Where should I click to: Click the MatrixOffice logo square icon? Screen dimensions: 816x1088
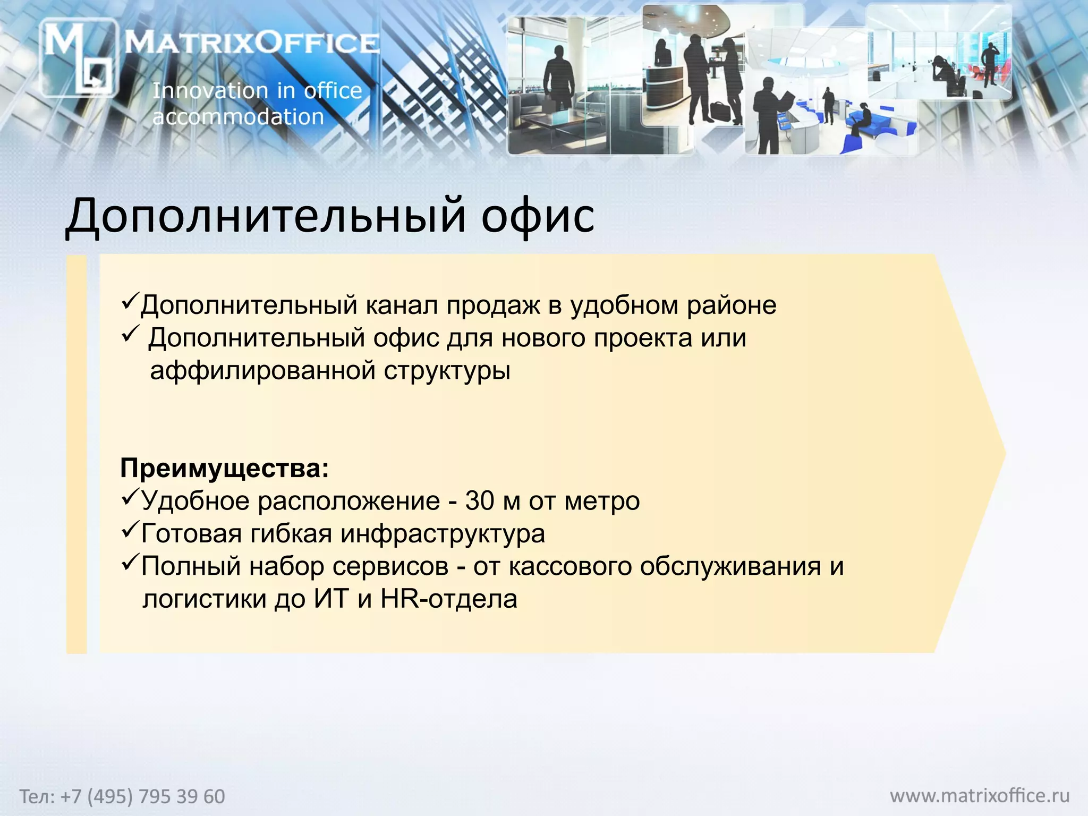tap(78, 57)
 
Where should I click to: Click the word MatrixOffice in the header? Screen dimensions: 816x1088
tap(252, 42)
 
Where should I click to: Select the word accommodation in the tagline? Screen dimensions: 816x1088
tap(238, 117)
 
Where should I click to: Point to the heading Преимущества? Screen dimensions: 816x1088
tap(224, 469)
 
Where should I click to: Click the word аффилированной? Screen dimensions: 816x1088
tap(263, 370)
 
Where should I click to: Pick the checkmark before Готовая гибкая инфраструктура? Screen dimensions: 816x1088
tap(130, 530)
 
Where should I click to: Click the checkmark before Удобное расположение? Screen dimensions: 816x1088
tap(130, 497)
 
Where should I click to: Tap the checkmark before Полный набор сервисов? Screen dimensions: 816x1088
tap(130, 563)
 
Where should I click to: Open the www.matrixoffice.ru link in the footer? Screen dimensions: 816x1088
tap(980, 795)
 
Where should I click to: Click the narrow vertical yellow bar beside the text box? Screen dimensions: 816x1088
tap(76, 454)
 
